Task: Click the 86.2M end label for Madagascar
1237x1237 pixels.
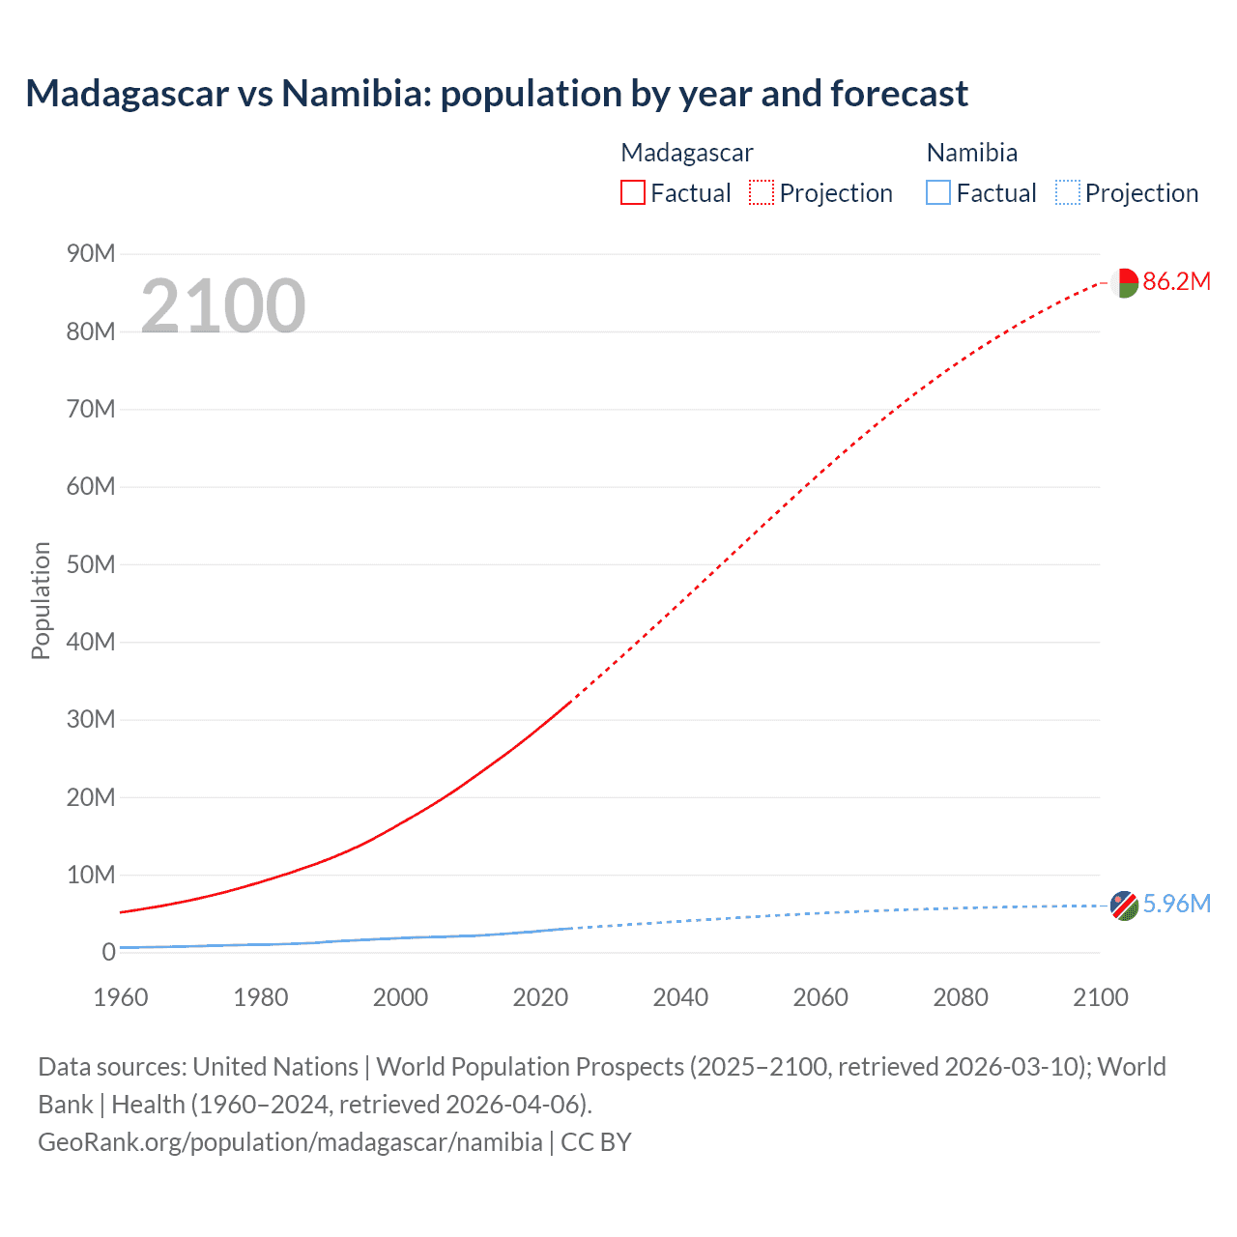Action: coord(1176,281)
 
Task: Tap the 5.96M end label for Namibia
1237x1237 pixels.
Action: coord(1176,904)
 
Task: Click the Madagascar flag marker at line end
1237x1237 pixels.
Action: coord(1124,283)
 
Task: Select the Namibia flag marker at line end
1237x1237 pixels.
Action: coord(1124,906)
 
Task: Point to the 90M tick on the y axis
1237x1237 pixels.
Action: coord(91,253)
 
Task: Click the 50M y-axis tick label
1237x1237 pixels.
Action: coord(91,564)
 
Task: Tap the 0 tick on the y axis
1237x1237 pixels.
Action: coord(108,952)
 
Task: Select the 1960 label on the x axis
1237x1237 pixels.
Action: coord(121,997)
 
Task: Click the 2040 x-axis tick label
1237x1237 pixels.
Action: coord(680,997)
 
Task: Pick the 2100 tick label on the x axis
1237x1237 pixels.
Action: coord(1100,997)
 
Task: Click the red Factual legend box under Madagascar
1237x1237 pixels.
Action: coord(632,192)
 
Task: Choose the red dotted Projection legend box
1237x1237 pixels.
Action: coord(762,192)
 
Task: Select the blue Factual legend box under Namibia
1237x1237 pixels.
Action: coord(938,192)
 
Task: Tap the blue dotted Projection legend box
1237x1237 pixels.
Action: coord(1067,192)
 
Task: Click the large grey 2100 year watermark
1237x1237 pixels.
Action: coord(223,306)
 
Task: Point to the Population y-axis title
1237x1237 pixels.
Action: coord(41,600)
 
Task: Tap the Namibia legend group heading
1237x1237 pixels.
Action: coord(971,153)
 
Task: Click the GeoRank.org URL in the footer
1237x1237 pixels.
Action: coord(290,1141)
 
